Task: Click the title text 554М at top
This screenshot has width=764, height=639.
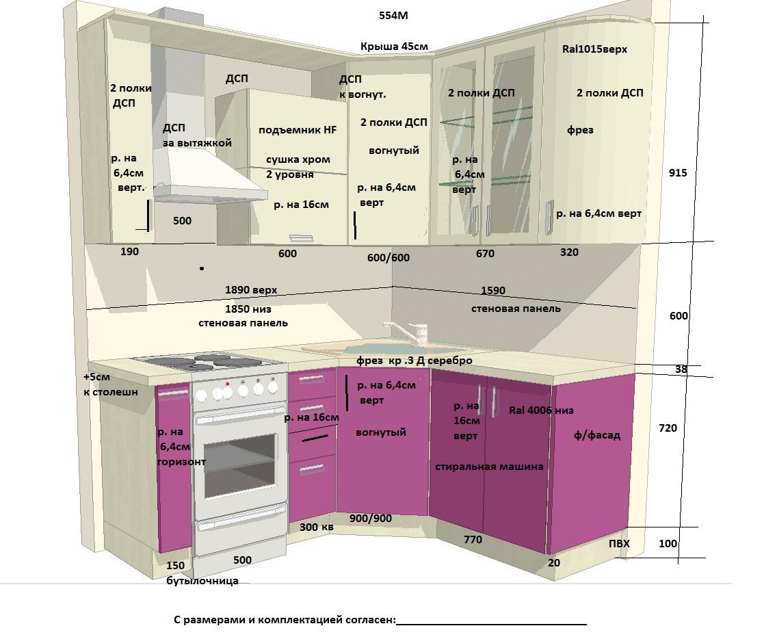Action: pyautogui.click(x=393, y=16)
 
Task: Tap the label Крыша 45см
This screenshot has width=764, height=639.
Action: pyautogui.click(x=394, y=47)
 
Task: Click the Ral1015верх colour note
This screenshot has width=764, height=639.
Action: pyautogui.click(x=594, y=49)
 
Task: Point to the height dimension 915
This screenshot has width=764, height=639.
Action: pyautogui.click(x=678, y=172)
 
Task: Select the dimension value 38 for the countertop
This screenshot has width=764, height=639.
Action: pyautogui.click(x=681, y=369)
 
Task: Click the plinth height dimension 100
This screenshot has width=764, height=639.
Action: pyautogui.click(x=668, y=543)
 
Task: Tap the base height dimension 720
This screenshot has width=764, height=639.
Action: pyautogui.click(x=668, y=428)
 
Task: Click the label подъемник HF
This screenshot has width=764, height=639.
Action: pyautogui.click(x=298, y=130)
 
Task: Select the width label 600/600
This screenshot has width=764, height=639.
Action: pyautogui.click(x=388, y=257)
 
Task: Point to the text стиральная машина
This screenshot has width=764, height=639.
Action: pyautogui.click(x=489, y=467)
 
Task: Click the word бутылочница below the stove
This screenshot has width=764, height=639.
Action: pyautogui.click(x=202, y=581)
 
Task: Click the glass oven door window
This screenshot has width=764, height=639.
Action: pyautogui.click(x=240, y=465)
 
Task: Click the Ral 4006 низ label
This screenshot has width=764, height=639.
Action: pyautogui.click(x=541, y=410)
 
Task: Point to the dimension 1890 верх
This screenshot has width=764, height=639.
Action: pyautogui.click(x=251, y=290)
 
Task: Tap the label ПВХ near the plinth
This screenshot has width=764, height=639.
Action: pyautogui.click(x=619, y=543)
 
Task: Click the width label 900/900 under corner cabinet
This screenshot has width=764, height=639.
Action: pyautogui.click(x=370, y=518)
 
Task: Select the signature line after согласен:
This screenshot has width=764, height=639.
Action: pyautogui.click(x=492, y=624)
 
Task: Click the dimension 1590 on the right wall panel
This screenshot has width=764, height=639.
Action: pyautogui.click(x=493, y=291)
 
